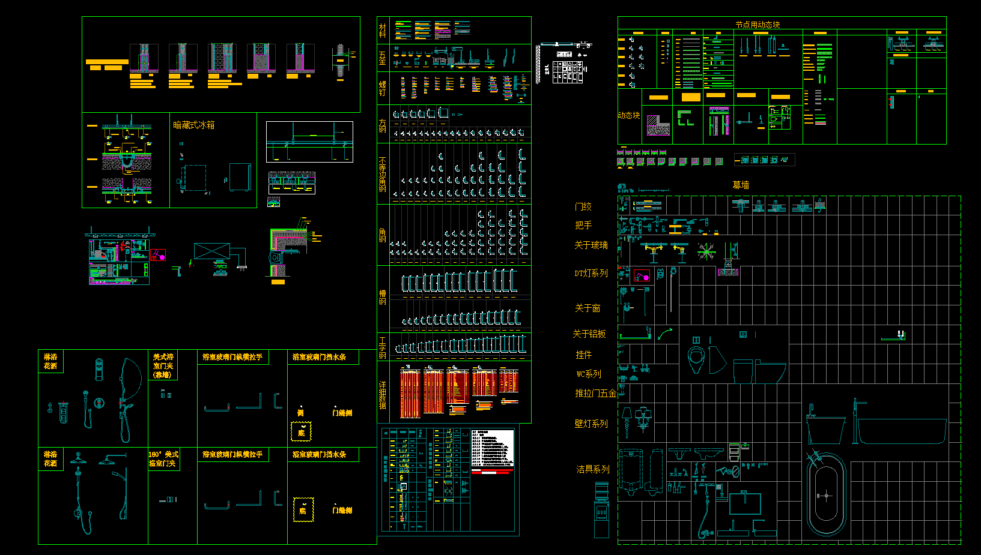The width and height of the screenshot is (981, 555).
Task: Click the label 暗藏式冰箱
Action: click(x=193, y=125)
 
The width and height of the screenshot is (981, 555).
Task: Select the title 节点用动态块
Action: click(x=758, y=25)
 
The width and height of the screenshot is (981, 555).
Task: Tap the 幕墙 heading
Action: click(x=741, y=185)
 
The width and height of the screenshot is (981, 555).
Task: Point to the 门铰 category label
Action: click(x=583, y=206)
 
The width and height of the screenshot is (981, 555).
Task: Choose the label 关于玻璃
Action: click(x=591, y=245)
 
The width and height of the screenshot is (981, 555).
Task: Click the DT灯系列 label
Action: click(x=591, y=273)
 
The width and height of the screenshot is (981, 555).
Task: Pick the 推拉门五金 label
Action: click(x=595, y=393)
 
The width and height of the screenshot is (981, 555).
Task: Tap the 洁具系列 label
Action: click(x=592, y=469)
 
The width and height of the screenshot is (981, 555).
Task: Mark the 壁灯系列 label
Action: click(x=591, y=424)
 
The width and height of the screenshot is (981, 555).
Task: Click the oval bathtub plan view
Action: click(x=826, y=495)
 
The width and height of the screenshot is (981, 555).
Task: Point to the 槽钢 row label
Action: click(x=383, y=298)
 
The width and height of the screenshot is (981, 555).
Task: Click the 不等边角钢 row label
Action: click(x=383, y=174)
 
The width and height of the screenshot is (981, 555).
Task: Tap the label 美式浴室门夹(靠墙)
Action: click(x=163, y=365)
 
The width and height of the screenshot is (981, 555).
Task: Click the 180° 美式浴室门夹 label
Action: click(x=163, y=459)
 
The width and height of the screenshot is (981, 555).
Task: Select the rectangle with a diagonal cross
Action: click(x=211, y=251)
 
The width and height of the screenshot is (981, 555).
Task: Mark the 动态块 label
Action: click(x=628, y=115)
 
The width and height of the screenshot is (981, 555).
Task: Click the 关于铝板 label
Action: click(x=589, y=334)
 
